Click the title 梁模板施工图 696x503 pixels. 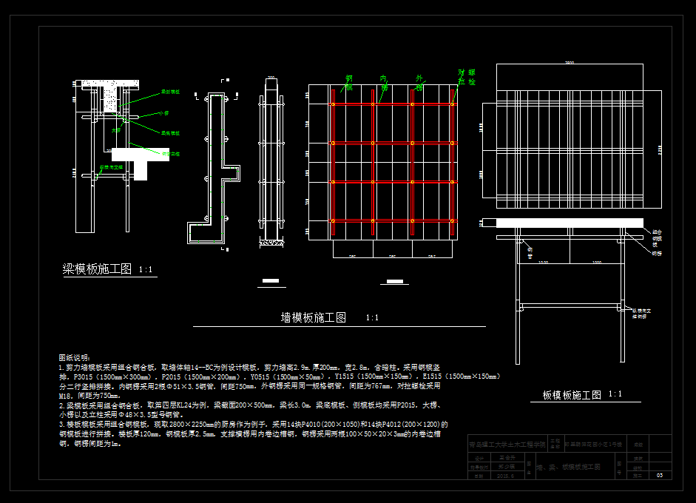(x=97, y=269)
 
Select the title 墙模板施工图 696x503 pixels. (x=314, y=317)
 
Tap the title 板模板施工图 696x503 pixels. (x=572, y=395)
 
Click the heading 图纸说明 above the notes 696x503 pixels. (x=75, y=357)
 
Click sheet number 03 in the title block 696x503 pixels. (x=659, y=476)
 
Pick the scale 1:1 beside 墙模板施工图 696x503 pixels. (x=372, y=318)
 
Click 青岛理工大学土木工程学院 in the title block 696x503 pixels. (x=507, y=445)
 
